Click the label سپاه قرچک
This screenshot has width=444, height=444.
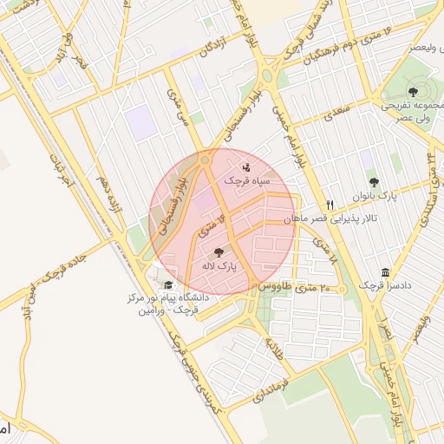247,181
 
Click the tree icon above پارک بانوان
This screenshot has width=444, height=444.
374,182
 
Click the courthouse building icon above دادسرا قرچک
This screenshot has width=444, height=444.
386,271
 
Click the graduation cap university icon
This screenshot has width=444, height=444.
167,284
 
